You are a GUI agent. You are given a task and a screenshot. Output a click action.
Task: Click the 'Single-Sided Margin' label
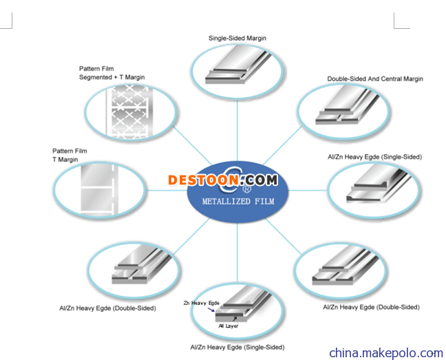click(x=237, y=38)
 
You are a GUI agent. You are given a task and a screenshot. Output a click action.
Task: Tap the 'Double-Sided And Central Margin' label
click(x=375, y=78)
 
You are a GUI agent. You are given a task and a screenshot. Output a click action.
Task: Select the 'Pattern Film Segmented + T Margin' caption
click(x=111, y=73)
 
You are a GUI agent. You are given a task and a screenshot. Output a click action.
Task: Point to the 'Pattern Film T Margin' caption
click(x=70, y=155)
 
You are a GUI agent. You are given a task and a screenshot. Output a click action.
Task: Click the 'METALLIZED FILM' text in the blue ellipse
click(x=238, y=201)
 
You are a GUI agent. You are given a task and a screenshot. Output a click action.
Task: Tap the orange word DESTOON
click(x=203, y=180)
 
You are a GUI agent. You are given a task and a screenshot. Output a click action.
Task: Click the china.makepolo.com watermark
click(x=386, y=353)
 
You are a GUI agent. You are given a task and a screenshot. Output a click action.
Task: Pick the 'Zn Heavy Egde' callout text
click(x=202, y=303)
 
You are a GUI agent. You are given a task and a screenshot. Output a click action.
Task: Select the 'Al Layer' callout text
click(x=228, y=326)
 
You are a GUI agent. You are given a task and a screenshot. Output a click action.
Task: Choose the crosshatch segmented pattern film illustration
click(x=129, y=112)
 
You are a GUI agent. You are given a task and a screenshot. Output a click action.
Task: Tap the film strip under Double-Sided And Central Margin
click(x=347, y=106)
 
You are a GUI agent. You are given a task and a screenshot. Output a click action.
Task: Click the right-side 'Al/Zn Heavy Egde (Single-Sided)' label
click(x=374, y=157)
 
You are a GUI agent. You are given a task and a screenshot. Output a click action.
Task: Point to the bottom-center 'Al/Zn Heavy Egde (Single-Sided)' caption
click(x=237, y=347)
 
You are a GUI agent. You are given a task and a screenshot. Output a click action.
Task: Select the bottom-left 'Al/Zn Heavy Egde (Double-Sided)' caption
click(x=107, y=308)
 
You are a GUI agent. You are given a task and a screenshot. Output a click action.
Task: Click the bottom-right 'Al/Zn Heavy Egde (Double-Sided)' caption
click(x=371, y=307)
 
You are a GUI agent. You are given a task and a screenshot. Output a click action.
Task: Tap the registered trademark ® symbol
click(x=246, y=189)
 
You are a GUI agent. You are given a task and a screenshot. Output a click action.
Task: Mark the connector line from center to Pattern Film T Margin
click(x=167, y=190)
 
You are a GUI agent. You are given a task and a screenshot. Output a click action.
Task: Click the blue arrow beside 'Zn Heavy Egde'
click(x=211, y=310)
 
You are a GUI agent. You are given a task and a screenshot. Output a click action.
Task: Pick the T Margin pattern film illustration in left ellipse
click(x=98, y=189)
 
